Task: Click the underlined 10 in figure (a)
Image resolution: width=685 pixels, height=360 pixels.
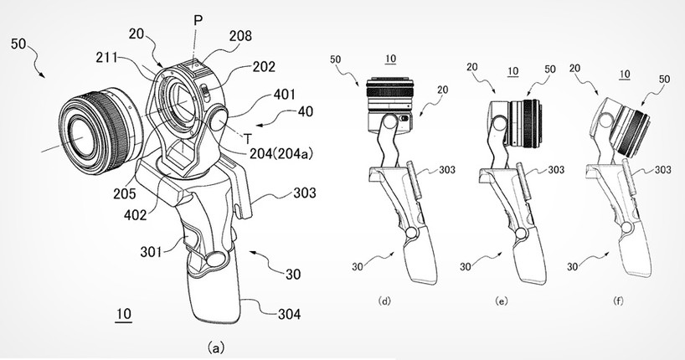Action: tap(124, 315)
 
